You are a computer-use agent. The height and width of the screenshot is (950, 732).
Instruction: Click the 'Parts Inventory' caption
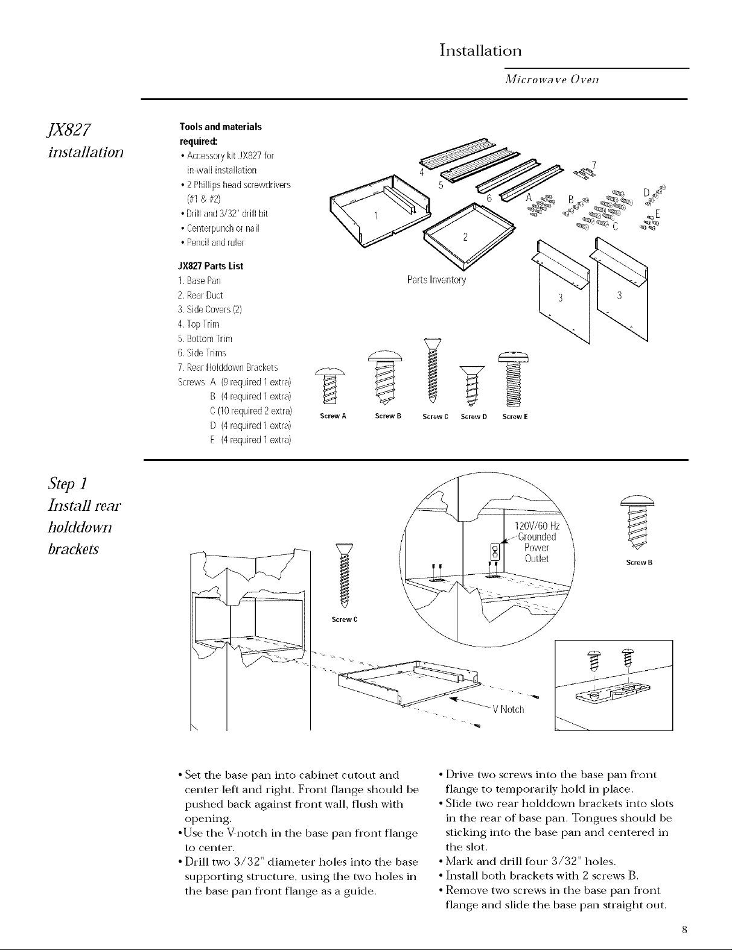tap(436, 280)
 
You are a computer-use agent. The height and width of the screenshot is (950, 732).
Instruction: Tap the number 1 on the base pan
tap(376, 217)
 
